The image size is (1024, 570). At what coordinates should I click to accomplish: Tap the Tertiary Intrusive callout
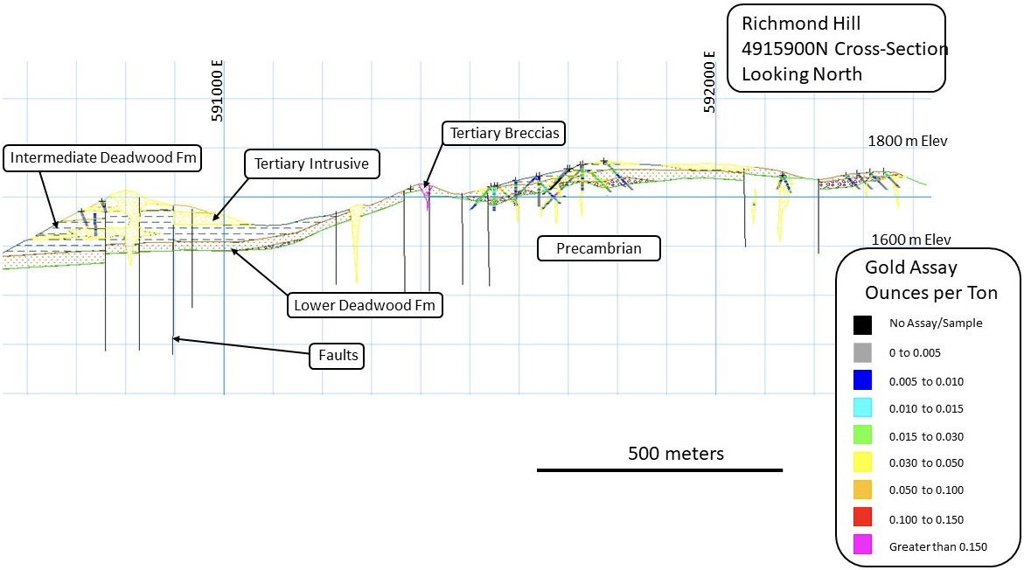(x=311, y=163)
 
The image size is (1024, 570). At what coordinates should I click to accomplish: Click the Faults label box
(x=338, y=356)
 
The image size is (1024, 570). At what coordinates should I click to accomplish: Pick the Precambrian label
(x=599, y=248)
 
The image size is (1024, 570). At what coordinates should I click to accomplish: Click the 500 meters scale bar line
(x=659, y=470)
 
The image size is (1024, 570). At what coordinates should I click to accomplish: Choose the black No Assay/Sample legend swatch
(x=863, y=324)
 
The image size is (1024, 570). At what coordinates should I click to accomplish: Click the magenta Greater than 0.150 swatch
(x=863, y=546)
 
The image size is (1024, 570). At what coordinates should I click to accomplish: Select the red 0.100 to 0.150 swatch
(x=863, y=518)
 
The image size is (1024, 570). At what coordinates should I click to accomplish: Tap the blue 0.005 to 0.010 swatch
(x=863, y=380)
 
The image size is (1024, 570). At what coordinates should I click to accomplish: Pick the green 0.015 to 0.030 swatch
(x=863, y=435)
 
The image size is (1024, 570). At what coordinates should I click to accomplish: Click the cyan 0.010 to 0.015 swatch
(x=863, y=407)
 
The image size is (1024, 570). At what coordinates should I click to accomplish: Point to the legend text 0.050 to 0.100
(x=926, y=490)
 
